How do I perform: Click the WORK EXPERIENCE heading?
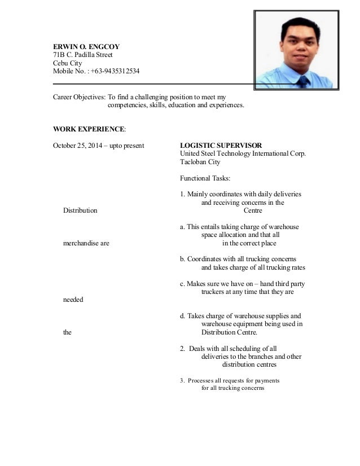pyautogui.click(x=89, y=129)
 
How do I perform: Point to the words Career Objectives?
pyautogui.click(x=78, y=96)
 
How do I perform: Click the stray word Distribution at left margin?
pyautogui.click(x=80, y=210)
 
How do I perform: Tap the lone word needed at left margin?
pyautogui.click(x=73, y=299)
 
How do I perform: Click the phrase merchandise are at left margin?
pyautogui.click(x=86, y=243)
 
